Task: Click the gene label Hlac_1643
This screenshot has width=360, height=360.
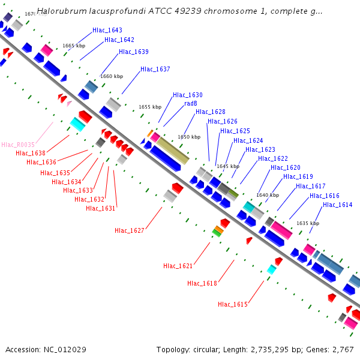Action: click(107, 30)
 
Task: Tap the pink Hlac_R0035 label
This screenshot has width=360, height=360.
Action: click(18, 145)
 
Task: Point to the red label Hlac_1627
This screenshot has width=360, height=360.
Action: click(129, 230)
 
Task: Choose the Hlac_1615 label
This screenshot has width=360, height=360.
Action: click(233, 304)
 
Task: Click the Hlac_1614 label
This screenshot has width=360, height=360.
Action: click(338, 205)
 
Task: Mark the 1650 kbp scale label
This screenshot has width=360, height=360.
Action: click(189, 137)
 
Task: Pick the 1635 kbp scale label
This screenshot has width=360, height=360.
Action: click(308, 223)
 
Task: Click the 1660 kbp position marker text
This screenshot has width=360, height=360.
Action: click(112, 76)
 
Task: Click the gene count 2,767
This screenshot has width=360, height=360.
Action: click(344, 349)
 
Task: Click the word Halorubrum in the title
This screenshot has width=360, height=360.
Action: click(58, 11)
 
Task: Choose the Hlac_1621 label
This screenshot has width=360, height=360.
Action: click(178, 265)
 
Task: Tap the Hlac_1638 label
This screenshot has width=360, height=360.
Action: click(31, 153)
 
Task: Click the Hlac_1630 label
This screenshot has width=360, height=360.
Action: click(188, 95)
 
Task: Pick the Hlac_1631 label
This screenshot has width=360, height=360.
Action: click(101, 208)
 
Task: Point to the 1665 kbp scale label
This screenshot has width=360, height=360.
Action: click(74, 46)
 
